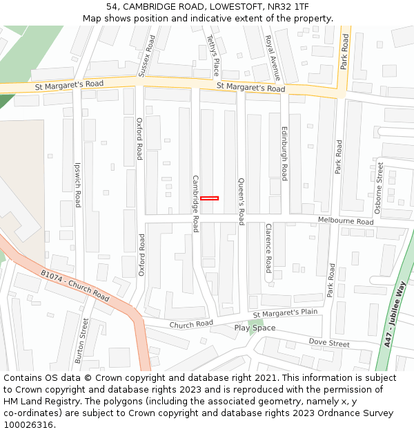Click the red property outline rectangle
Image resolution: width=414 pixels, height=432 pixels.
209,198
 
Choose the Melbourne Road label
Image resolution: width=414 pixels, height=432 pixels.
346,221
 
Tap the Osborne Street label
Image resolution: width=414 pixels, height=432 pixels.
379,188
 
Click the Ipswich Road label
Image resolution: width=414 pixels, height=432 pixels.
77,185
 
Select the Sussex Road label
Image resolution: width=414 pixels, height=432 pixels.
147,56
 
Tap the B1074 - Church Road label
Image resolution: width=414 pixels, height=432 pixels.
75,285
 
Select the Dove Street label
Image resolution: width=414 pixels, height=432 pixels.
329,343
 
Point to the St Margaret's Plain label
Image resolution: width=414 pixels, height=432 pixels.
285,314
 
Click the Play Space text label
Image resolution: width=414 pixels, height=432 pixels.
255,328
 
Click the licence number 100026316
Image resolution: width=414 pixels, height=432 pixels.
30,425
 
